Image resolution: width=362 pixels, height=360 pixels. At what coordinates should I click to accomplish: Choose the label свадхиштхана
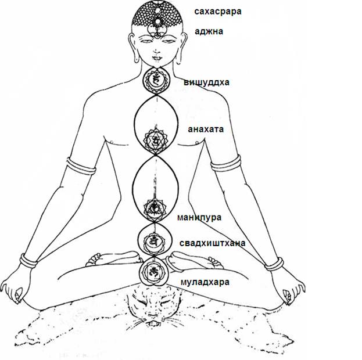(x=212, y=243)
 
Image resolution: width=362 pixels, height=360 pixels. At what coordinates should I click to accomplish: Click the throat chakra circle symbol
(x=155, y=80)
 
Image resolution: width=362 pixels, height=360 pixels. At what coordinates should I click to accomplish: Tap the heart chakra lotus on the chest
(x=155, y=139)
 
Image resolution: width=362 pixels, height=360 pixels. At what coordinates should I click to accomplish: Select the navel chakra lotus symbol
(x=154, y=207)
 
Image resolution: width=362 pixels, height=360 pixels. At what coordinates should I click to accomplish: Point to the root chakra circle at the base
(x=153, y=271)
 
